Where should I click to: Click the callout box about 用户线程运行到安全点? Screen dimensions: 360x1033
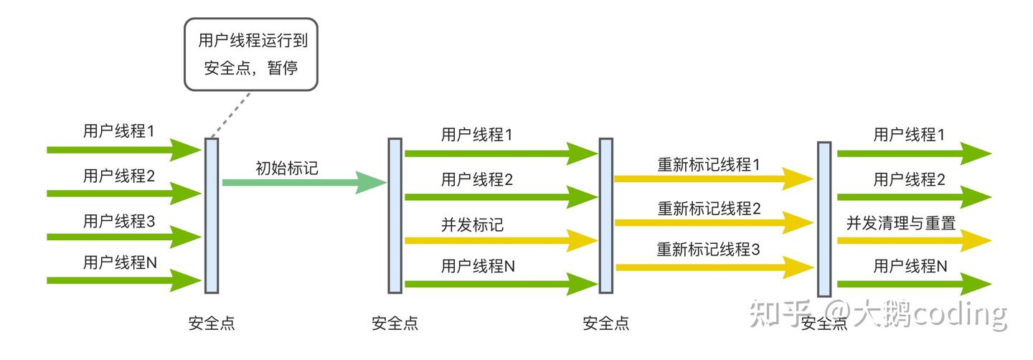click(251, 55)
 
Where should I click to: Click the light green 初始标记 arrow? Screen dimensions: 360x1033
click(301, 182)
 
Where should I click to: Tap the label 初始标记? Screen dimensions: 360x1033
click(287, 168)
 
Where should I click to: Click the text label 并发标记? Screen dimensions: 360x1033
click(472, 224)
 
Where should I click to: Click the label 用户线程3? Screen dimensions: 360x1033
click(119, 220)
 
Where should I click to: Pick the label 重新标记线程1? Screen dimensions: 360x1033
click(709, 164)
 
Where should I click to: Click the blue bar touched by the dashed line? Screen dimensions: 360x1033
click(212, 215)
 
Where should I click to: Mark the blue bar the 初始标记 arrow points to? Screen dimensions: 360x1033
click(395, 215)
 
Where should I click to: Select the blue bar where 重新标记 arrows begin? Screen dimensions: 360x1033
click(606, 215)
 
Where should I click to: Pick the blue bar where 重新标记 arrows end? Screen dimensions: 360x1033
click(824, 219)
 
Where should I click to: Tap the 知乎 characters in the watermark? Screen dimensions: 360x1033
click(778, 314)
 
